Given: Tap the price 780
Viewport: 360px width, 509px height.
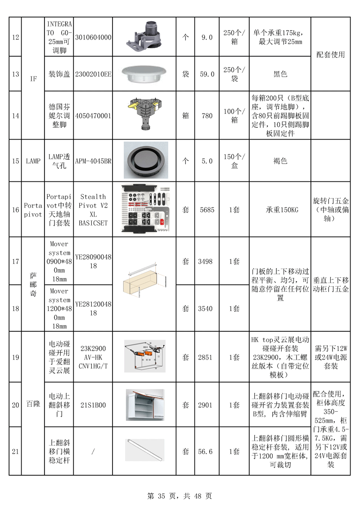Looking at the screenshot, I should (207, 116).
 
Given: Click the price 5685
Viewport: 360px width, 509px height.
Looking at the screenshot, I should (207, 210).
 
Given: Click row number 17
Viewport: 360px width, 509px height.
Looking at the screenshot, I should (15, 261).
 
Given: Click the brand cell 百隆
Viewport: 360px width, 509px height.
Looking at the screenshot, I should (33, 403).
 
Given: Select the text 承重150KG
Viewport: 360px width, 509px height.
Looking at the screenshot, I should (280, 210).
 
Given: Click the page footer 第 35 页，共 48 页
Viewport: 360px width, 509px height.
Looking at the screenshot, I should (180, 496).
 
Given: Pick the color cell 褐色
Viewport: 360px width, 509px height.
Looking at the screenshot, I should (280, 161).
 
